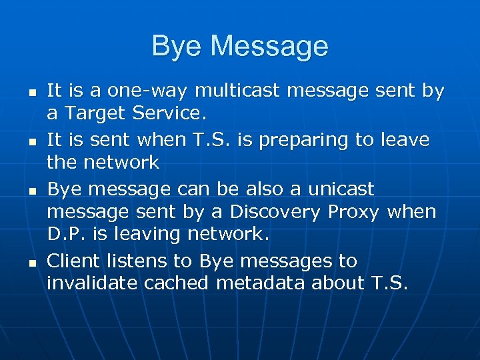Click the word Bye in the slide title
pos(175,47)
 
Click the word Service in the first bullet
pos(169,114)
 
